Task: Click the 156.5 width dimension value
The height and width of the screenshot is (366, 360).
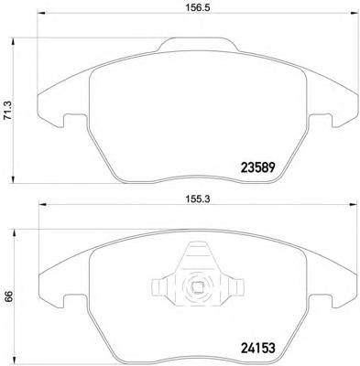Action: coord(197,8)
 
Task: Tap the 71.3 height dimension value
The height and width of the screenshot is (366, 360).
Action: coord(8,110)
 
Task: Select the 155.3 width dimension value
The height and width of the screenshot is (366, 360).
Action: coord(197,199)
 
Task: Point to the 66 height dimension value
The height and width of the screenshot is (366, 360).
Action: coord(8,296)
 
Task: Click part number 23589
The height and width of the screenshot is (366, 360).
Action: coord(258,167)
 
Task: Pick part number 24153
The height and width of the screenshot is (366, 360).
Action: coord(258,348)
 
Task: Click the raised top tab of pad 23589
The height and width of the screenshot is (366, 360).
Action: coord(198,44)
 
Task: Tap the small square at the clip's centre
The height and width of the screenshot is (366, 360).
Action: coord(197,286)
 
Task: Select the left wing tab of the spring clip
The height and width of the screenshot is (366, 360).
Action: coord(159,286)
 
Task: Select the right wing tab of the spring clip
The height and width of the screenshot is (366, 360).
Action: coord(236,286)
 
